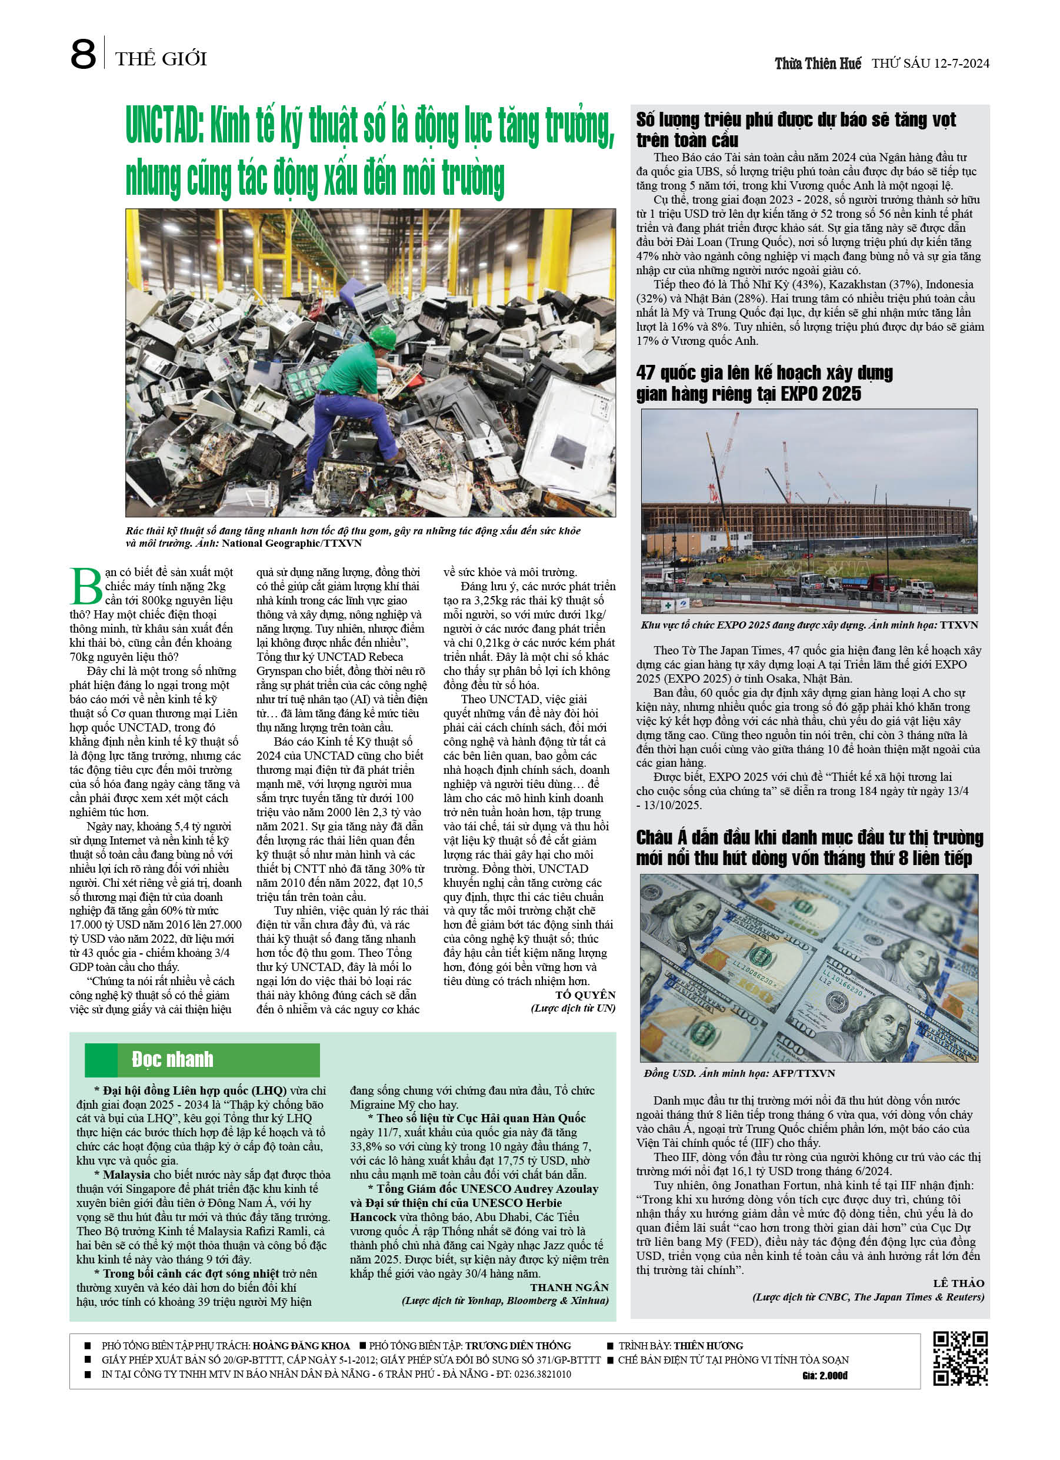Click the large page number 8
point(83,54)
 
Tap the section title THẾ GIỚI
point(161,59)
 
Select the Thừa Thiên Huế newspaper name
point(818,63)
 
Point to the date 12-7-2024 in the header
point(962,63)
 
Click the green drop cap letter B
point(86,586)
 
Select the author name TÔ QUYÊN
point(585,995)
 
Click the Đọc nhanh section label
point(172,1060)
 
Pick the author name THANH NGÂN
point(569,1288)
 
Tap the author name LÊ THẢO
point(958,1283)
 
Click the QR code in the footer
point(960,1359)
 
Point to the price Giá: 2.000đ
point(825,1376)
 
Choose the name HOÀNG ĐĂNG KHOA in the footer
point(301,1346)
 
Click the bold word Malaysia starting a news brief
point(127,1175)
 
